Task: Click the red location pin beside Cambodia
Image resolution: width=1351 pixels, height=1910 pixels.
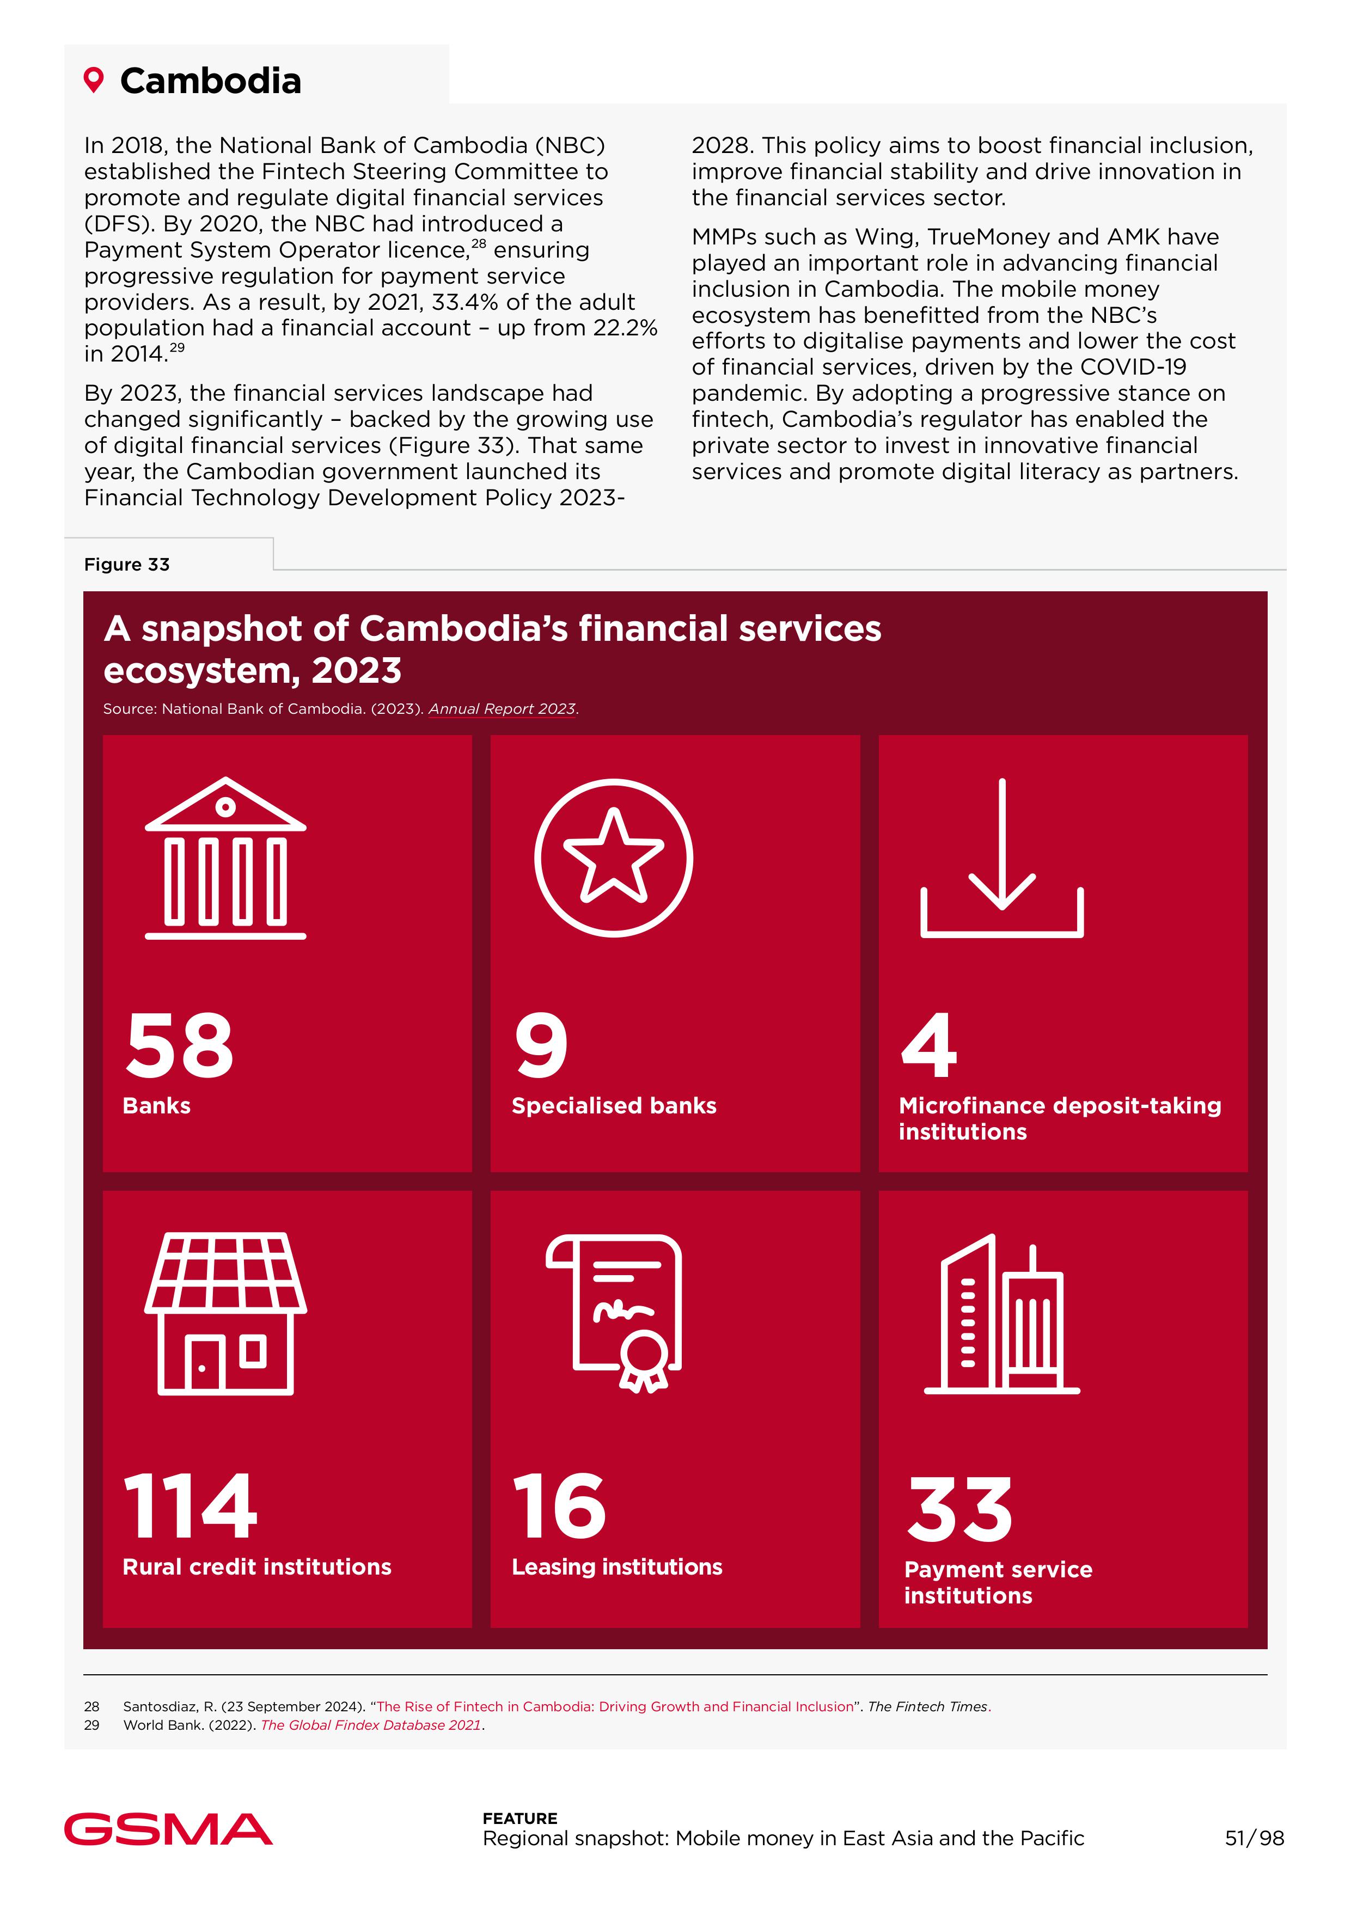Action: pos(94,81)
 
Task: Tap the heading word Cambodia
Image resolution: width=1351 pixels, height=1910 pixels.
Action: pos(211,82)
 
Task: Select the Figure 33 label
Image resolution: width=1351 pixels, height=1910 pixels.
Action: pos(126,565)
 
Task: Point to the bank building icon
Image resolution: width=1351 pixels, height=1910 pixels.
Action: pos(225,859)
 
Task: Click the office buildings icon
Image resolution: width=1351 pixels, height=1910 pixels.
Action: pos(1001,1314)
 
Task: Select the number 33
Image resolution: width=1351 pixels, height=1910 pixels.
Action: pos(961,1509)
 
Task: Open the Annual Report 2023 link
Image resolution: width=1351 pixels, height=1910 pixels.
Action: pos(502,709)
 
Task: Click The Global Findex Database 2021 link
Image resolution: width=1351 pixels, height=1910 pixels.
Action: pos(371,1725)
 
